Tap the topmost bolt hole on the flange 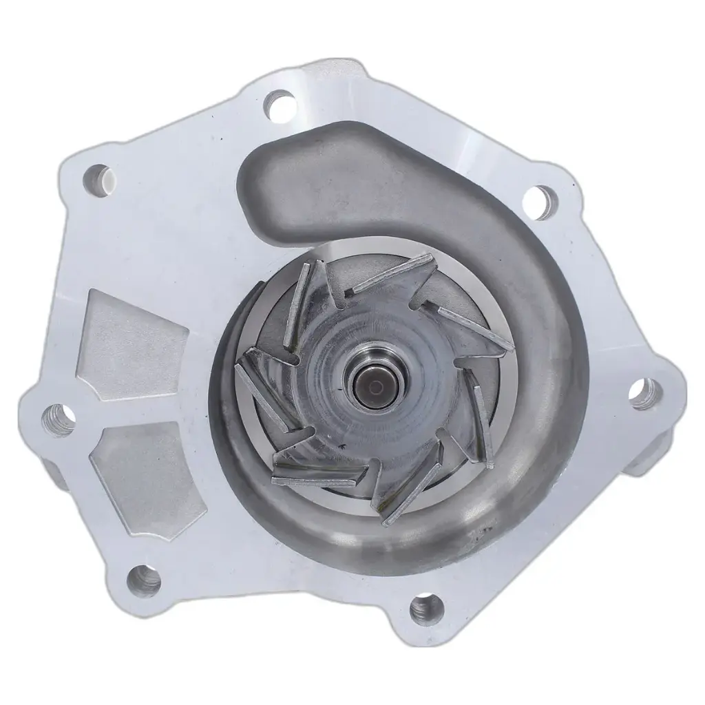coord(279,104)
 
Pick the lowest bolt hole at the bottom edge coord(426,609)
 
